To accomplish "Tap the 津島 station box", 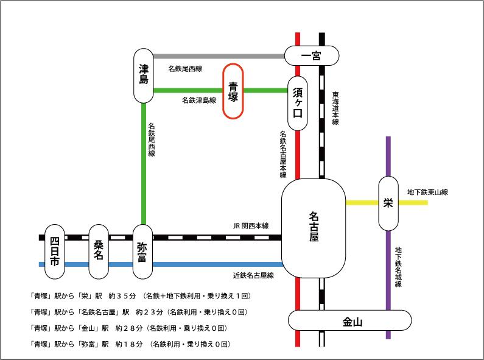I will coord(144,76).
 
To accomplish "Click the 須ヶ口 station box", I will coord(298,104).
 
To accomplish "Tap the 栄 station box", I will coord(388,203).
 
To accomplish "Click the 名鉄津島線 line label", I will coord(198,100).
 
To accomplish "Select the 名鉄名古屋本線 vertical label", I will coord(284,154).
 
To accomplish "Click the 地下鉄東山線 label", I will coord(427,192).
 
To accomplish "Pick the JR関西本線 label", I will coord(251,225).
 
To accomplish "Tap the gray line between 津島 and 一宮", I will coord(219,57).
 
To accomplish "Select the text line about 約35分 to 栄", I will coord(140,296).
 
